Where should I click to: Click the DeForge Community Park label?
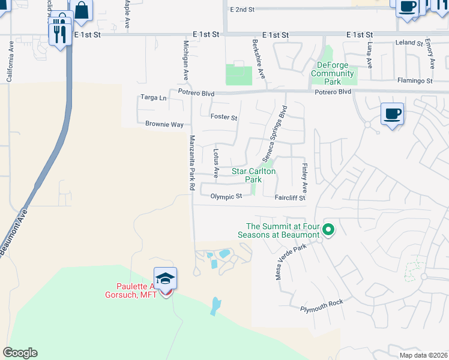328,73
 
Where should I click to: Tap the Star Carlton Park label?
253,175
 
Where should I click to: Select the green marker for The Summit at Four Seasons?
328,229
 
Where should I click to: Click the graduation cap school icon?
165,279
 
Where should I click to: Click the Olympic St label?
226,196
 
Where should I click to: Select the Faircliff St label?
290,197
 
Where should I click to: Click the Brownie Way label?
164,124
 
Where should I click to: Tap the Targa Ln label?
153,97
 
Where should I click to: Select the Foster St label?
223,117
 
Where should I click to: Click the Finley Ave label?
304,173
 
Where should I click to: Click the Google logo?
20,353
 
